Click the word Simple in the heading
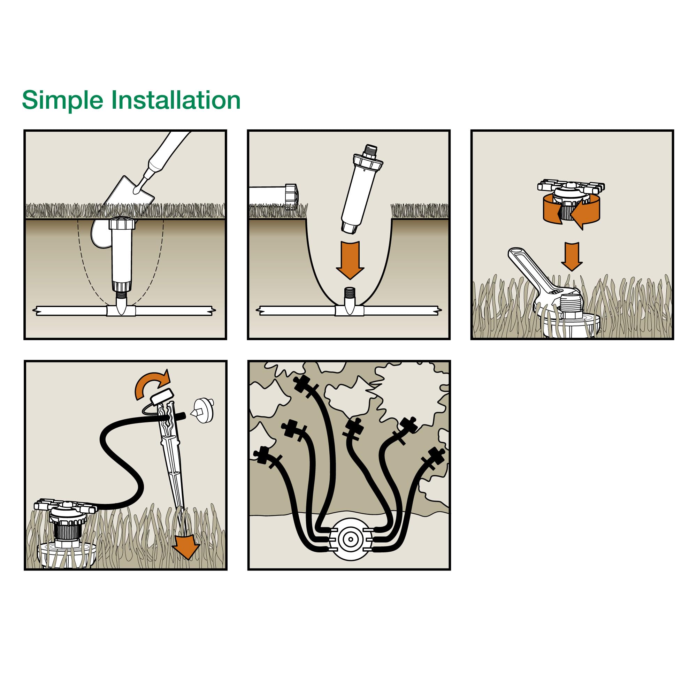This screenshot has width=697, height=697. [x=62, y=100]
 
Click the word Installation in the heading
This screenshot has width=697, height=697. [x=175, y=100]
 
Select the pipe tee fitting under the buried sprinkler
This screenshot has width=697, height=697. [x=121, y=310]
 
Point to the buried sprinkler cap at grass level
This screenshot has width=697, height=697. [x=122, y=223]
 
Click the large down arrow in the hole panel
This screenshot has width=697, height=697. [x=350, y=260]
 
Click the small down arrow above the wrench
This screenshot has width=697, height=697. [x=572, y=256]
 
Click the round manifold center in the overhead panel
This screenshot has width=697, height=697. [x=350, y=539]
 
